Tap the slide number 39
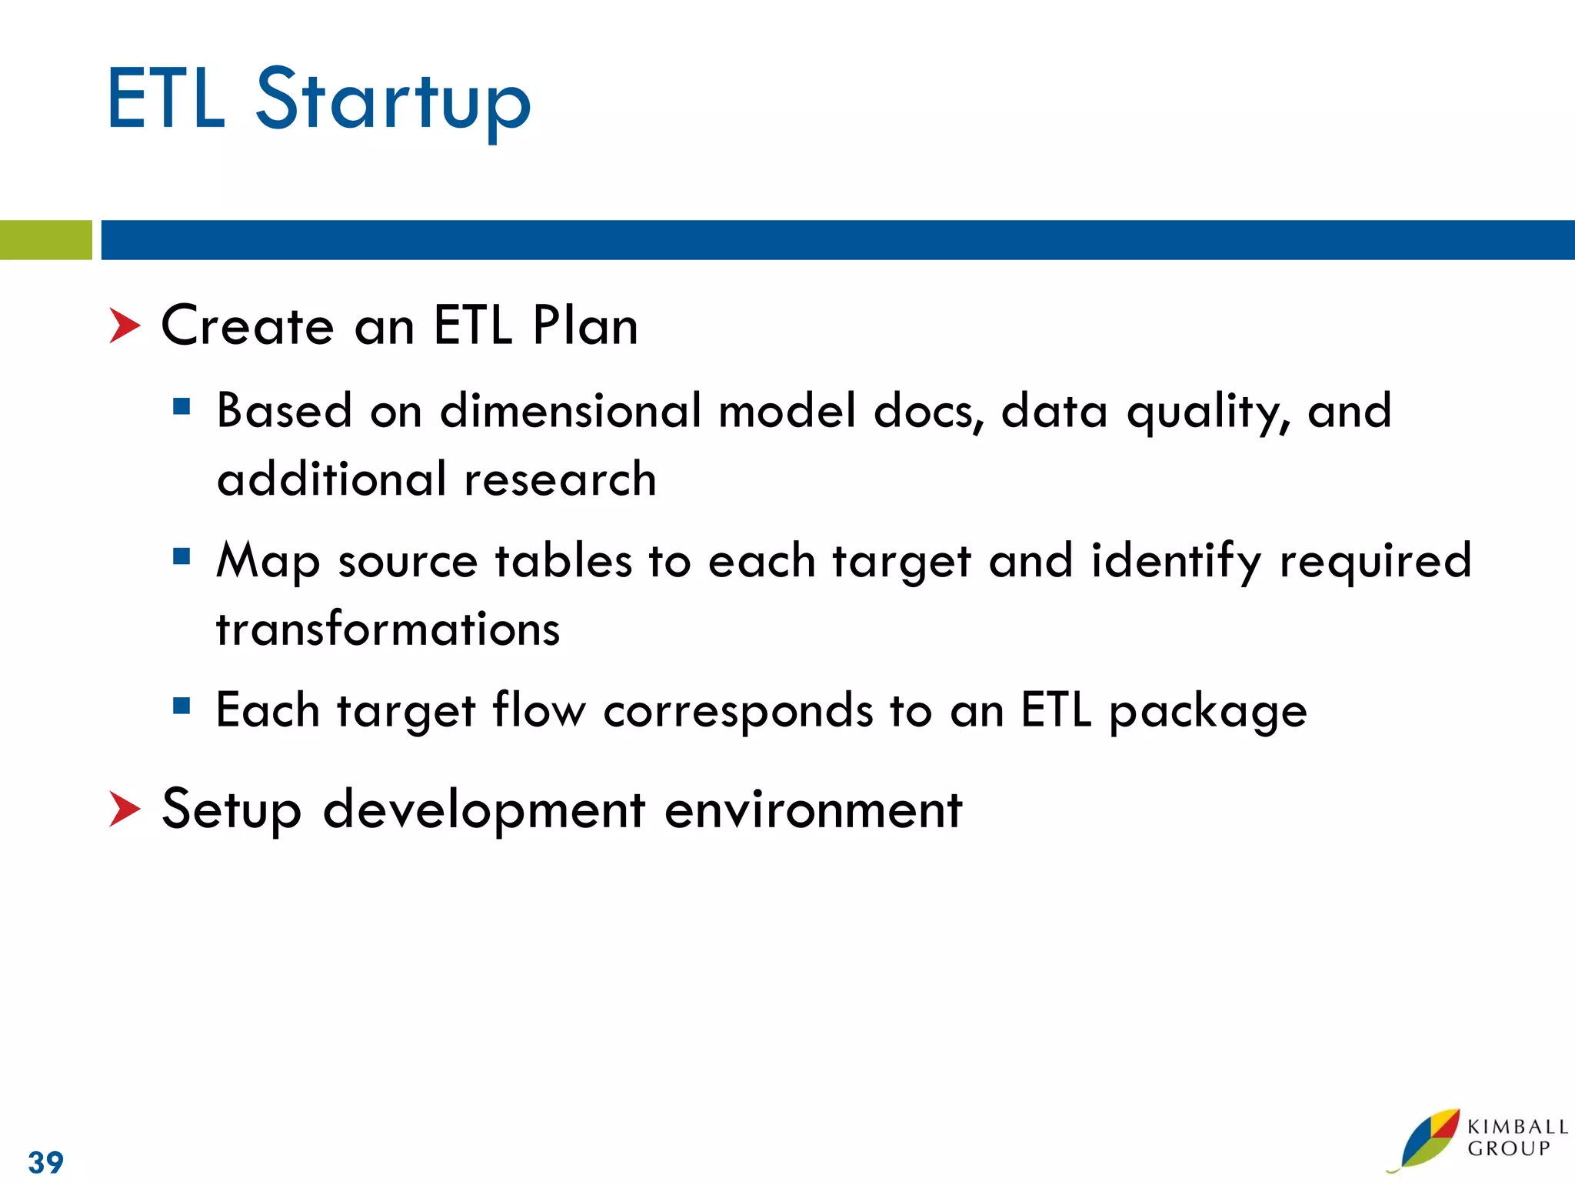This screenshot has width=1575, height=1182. [45, 1161]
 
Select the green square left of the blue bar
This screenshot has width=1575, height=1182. [45, 240]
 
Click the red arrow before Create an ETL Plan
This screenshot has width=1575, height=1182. [125, 326]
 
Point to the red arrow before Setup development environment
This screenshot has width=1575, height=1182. [125, 809]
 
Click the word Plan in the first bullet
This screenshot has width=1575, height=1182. [584, 326]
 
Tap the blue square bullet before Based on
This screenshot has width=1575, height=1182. [181, 406]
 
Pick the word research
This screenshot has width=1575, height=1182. [560, 479]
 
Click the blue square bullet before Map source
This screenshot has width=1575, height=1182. [181, 556]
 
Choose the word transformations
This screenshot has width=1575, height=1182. [388, 629]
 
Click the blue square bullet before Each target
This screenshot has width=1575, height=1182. [181, 706]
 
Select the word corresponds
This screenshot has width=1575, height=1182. [738, 710]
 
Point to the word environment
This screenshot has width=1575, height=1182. [813, 810]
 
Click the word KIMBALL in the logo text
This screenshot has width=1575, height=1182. [1517, 1127]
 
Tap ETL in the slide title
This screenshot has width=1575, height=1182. [166, 100]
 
